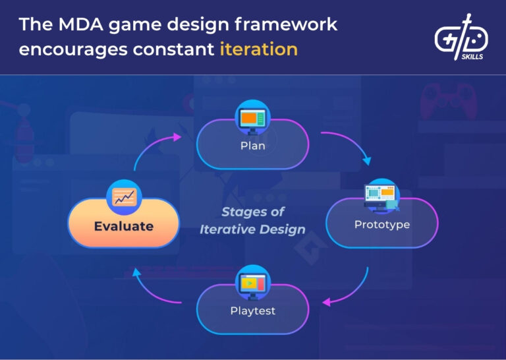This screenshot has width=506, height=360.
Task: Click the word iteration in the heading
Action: [258, 49]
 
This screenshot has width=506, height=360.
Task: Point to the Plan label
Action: [253, 146]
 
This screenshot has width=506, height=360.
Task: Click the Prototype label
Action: [382, 224]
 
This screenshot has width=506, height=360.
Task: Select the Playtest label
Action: [253, 310]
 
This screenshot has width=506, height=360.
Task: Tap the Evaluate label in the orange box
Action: [123, 226]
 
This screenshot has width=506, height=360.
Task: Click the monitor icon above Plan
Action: [253, 118]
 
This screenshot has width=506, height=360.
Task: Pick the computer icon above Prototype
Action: [382, 196]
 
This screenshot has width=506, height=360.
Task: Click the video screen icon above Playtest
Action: [253, 283]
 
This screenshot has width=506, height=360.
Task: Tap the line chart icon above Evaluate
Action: [123, 196]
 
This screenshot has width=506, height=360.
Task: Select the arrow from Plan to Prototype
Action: [349, 145]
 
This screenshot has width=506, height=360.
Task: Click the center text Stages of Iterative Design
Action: [253, 221]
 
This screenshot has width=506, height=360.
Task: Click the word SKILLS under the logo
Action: [470, 57]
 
